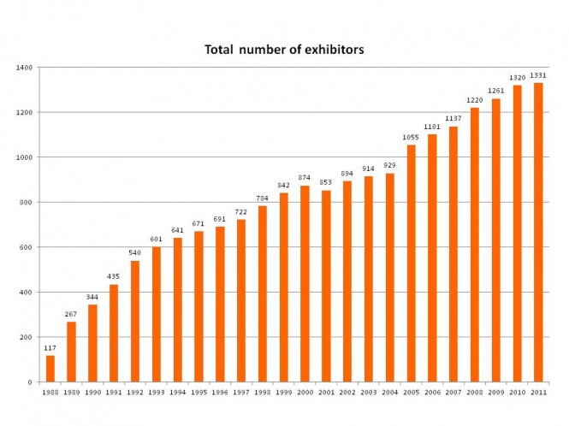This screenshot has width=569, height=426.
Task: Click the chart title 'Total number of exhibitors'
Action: point(284,50)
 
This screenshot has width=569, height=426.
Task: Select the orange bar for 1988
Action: point(50,369)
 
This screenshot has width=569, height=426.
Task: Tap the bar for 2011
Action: point(538,232)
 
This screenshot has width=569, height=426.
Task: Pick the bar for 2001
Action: point(326,286)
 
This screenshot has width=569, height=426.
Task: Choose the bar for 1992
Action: point(135,321)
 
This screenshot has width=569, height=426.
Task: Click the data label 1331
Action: point(538,75)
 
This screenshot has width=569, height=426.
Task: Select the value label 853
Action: point(326,183)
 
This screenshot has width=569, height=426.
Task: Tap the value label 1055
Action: point(411,138)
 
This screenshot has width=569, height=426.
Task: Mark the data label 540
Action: point(135,253)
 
